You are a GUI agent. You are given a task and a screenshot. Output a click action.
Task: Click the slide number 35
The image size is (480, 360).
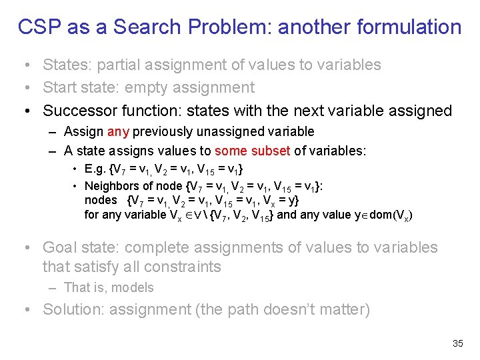(x=457, y=343)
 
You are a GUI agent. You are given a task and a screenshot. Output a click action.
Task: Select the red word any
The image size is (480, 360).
(x=117, y=132)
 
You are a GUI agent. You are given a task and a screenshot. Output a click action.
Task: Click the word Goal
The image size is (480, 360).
(x=59, y=247)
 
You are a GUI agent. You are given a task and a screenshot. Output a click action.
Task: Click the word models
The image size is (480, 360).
(x=132, y=288)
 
